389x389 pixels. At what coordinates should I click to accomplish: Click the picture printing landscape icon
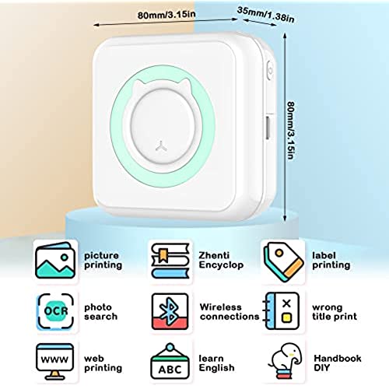pyautogui.click(x=55, y=260)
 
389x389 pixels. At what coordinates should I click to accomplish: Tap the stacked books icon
pyautogui.click(x=170, y=261)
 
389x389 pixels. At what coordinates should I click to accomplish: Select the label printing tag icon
pyautogui.click(x=283, y=261)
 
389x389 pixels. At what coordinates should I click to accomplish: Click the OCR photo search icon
pyautogui.click(x=56, y=311)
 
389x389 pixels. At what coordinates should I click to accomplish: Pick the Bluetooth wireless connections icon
pyautogui.click(x=170, y=311)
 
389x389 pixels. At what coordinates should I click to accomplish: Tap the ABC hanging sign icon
pyautogui.click(x=170, y=361)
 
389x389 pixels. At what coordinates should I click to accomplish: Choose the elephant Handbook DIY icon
pyautogui.click(x=286, y=361)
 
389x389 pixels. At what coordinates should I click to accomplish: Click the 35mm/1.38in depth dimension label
pyautogui.click(x=266, y=15)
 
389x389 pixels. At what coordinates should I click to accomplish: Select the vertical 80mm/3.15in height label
pyautogui.click(x=291, y=130)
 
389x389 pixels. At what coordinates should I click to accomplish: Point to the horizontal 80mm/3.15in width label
pyautogui.click(x=166, y=15)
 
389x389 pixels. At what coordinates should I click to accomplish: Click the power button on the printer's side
pyautogui.click(x=270, y=71)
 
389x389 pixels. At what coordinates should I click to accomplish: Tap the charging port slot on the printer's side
pyautogui.click(x=268, y=128)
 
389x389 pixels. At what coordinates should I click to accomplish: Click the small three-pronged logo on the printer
pyautogui.click(x=161, y=145)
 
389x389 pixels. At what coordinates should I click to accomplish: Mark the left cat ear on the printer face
pyautogui.click(x=139, y=86)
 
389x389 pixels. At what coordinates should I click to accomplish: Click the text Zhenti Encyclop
pyautogui.click(x=221, y=260)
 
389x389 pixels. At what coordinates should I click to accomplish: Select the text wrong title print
pyautogui.click(x=335, y=312)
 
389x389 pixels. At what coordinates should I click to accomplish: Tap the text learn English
pyautogui.click(x=216, y=363)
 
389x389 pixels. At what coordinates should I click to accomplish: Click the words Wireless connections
pyautogui.click(x=230, y=312)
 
